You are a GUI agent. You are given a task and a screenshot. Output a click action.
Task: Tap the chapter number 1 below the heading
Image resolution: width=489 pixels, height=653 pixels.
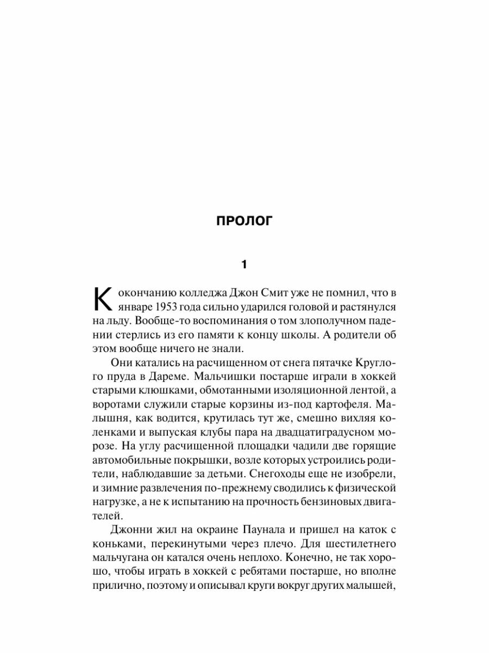[x=244, y=265]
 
